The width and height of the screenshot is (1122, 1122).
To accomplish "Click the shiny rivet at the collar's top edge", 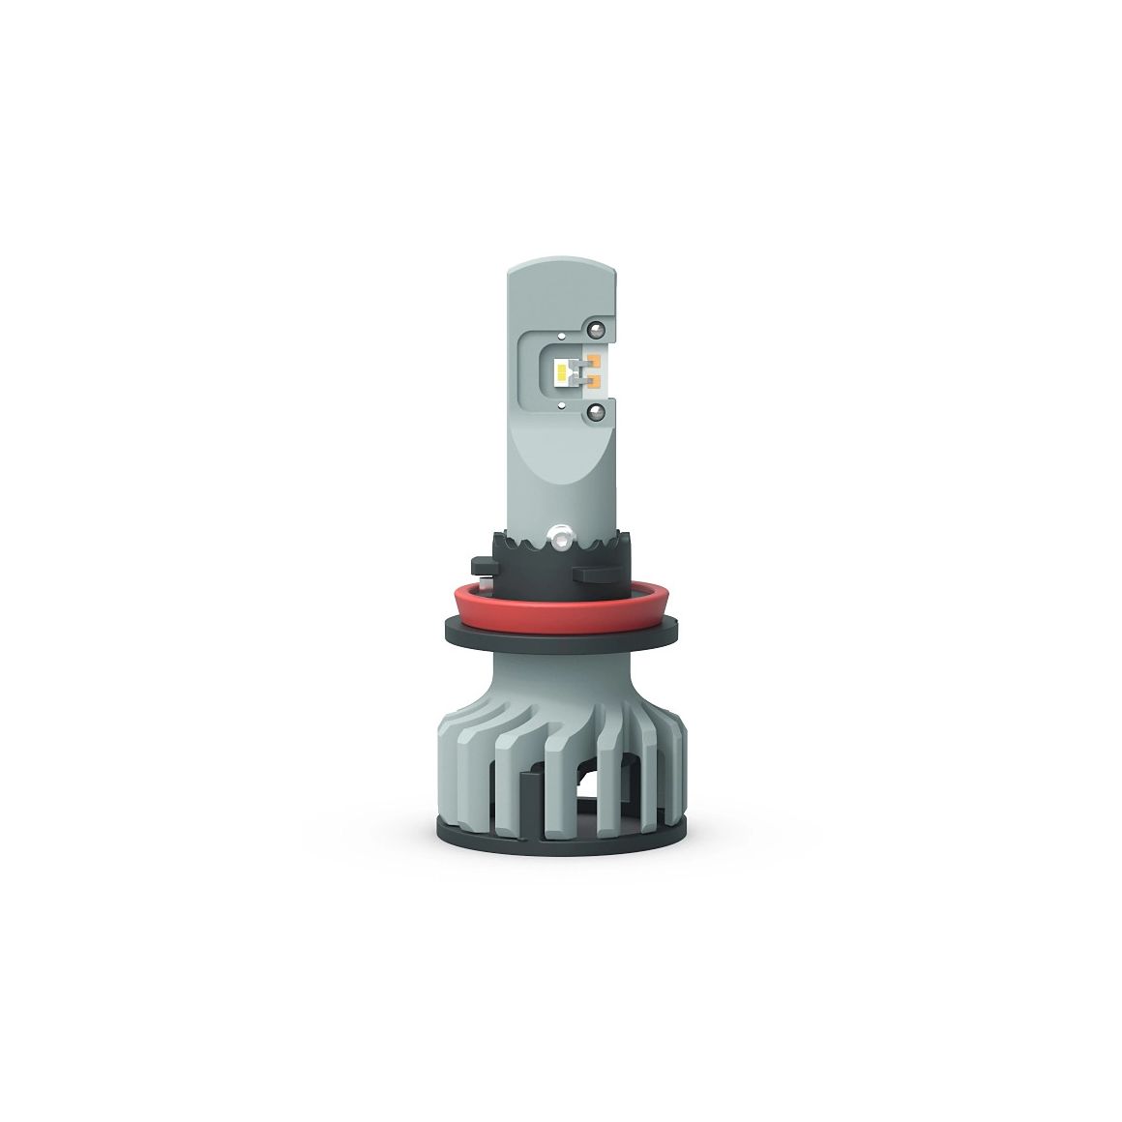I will click(559, 535).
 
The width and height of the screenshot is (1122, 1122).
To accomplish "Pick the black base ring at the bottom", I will click(561, 851).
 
